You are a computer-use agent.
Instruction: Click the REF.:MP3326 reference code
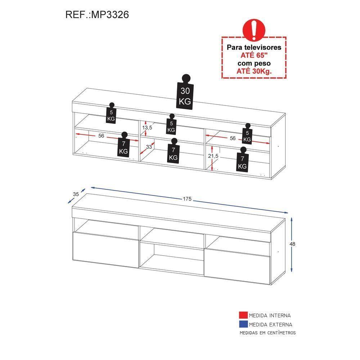coord(97,14)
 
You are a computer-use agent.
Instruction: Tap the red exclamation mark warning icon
coord(254,30)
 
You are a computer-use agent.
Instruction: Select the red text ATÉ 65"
coord(254,55)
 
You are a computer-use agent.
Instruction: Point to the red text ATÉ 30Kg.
coord(254,71)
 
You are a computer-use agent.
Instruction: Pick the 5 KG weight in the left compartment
coord(111,113)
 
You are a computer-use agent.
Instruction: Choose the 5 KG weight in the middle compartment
coord(171,124)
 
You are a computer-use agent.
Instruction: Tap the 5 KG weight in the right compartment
coord(247,134)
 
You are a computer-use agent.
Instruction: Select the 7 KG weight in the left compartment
coord(124,145)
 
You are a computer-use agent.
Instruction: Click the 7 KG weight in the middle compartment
coord(174,151)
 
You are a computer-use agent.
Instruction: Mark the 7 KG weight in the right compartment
coord(242,159)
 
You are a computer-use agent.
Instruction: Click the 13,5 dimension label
coord(147,127)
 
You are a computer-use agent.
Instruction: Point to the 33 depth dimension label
coord(149,147)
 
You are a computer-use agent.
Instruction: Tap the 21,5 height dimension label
coord(213,156)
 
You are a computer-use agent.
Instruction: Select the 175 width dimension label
coord(187,199)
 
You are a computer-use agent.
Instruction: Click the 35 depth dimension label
coord(76,194)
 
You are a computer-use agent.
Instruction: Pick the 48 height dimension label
coord(292,244)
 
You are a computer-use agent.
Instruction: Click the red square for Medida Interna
coord(243,315)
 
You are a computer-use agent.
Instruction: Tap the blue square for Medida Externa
coord(243,324)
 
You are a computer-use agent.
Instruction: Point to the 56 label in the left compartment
coord(101,136)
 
